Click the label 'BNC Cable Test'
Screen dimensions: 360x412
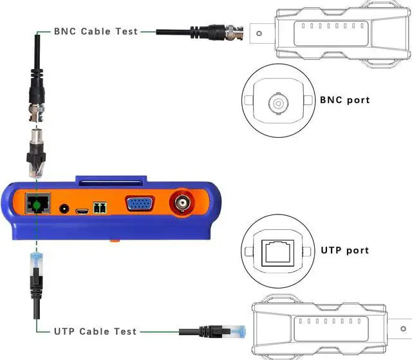pyautogui.click(x=95, y=31)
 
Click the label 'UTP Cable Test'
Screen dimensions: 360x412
pyautogui.click(x=95, y=331)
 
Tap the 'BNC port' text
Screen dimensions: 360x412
pyautogui.click(x=344, y=100)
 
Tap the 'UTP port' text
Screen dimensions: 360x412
pyautogui.click(x=344, y=250)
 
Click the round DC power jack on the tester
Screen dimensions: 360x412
pyautogui.click(x=64, y=209)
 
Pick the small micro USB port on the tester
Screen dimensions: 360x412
pyautogui.click(x=82, y=210)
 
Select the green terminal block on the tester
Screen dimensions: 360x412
pyautogui.click(x=99, y=209)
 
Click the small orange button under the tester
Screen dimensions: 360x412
pyautogui.click(x=114, y=240)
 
